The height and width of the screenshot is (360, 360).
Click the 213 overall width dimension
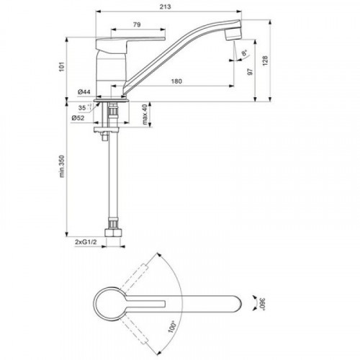[x=166, y=6]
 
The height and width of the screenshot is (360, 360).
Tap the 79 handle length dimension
[x=137, y=24]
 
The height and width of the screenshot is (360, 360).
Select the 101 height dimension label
[x=62, y=66]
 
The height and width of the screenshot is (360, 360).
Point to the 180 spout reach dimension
[x=176, y=81]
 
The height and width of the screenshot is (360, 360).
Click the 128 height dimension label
[x=265, y=61]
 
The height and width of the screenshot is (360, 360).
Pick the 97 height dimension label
[x=251, y=71]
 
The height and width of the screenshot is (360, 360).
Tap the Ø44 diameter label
[x=84, y=91]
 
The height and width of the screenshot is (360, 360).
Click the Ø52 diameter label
[x=78, y=118]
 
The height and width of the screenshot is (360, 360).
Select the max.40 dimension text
[x=144, y=114]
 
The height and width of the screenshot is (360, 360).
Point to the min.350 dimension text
[x=62, y=166]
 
